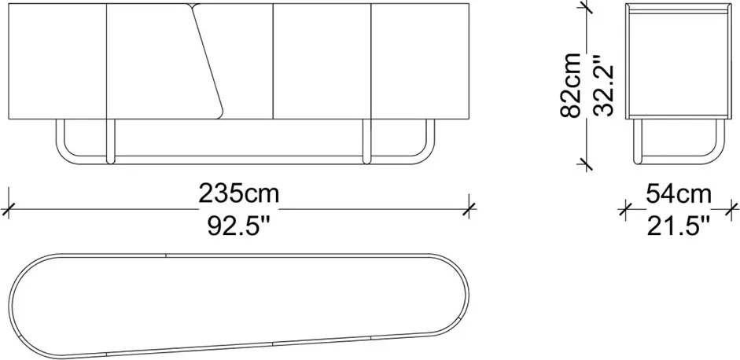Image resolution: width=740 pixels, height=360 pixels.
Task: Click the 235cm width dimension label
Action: (x=239, y=193)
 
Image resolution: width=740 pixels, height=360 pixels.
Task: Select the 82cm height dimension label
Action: (x=571, y=85)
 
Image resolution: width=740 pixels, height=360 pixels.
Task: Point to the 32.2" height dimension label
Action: (x=603, y=86)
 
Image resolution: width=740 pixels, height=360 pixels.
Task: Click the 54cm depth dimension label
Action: (x=678, y=194)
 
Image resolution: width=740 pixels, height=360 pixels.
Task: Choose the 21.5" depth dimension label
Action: (x=678, y=226)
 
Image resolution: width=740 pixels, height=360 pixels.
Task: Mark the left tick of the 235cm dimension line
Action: (x=8, y=208)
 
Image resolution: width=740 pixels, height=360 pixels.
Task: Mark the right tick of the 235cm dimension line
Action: (x=469, y=208)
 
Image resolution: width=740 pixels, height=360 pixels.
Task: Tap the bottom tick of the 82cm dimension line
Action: (x=585, y=163)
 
